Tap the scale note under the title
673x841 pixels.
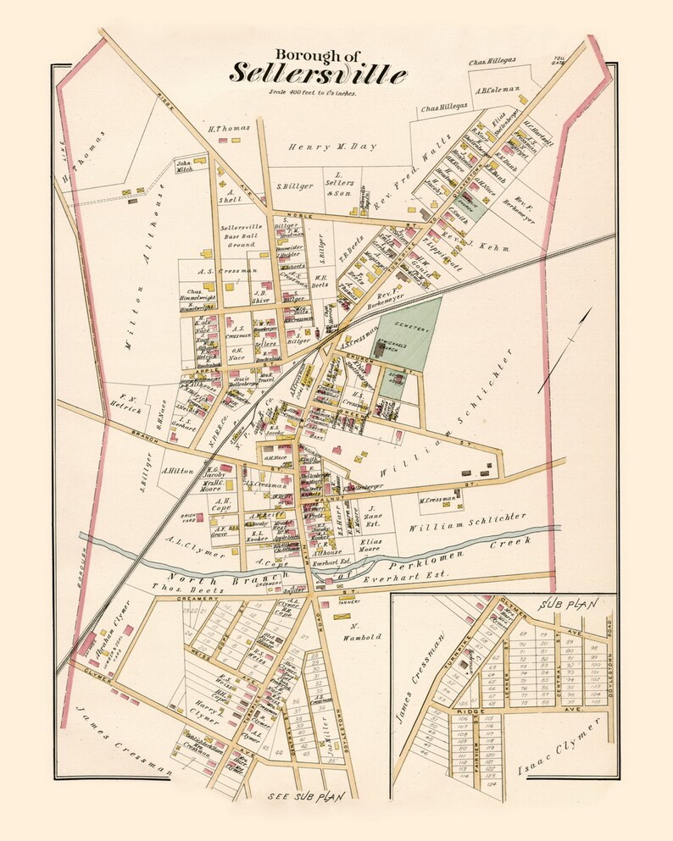point(312,92)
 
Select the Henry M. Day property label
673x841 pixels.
point(321,147)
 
